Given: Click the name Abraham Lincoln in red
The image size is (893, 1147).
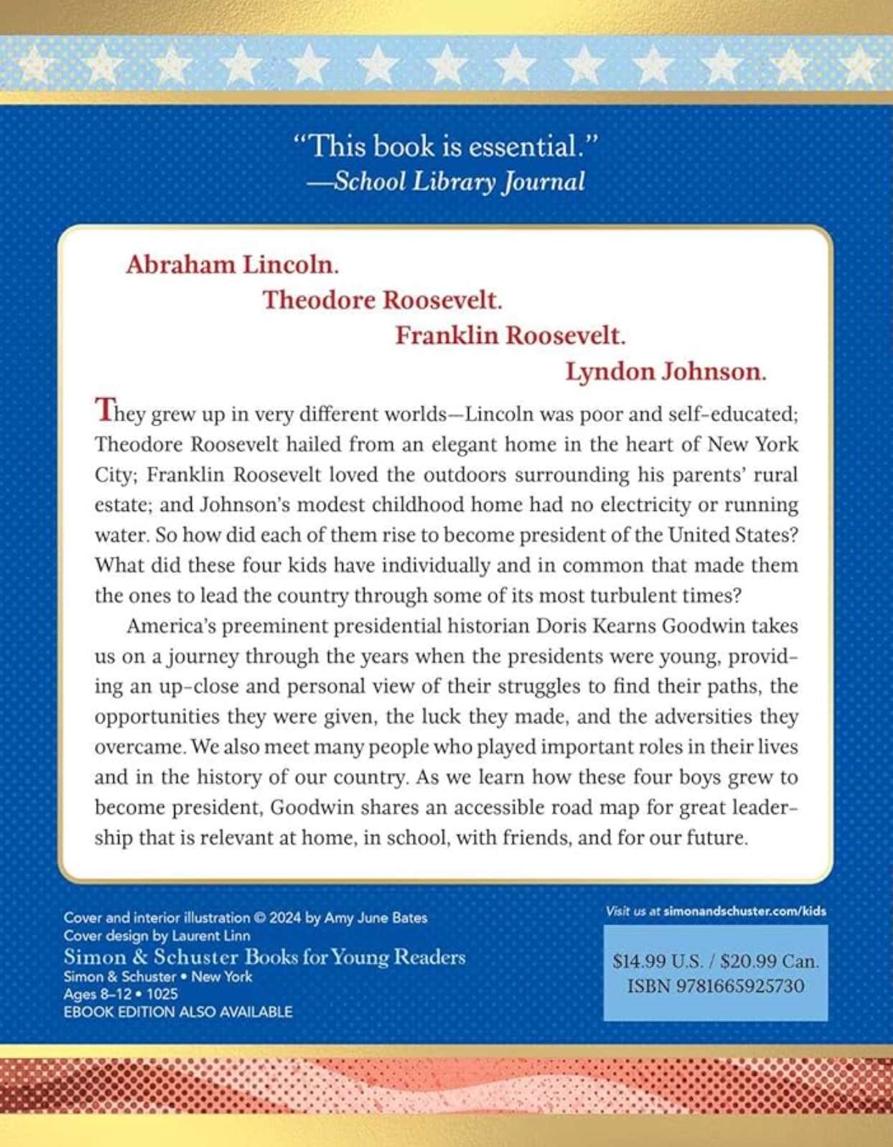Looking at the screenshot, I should tap(232, 265).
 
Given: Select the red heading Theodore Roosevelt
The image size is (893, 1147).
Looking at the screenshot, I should tap(382, 300).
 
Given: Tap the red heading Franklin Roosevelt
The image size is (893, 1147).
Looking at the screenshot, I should tap(510, 336).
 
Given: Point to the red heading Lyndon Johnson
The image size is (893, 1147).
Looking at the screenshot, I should tap(665, 372).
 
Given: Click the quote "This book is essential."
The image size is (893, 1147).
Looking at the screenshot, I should tap(446, 147).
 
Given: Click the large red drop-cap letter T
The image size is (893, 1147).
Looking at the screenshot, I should tap(104, 410).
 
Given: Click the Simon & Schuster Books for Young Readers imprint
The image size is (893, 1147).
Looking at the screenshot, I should tap(264, 957).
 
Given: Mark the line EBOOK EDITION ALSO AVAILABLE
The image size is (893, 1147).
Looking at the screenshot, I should tap(178, 1012).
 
